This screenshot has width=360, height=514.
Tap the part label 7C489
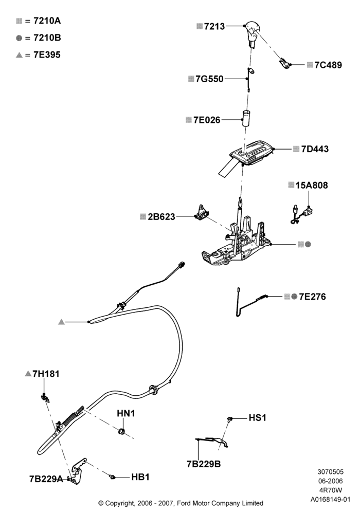[x=328, y=65]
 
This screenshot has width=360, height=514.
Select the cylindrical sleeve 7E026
[x=246, y=118]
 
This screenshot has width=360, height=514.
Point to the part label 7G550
[x=209, y=79]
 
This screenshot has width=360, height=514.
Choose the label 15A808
[x=312, y=185]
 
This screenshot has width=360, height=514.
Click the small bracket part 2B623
[x=201, y=213]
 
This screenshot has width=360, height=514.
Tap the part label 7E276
[x=313, y=297]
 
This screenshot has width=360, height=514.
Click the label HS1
[x=257, y=417]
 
